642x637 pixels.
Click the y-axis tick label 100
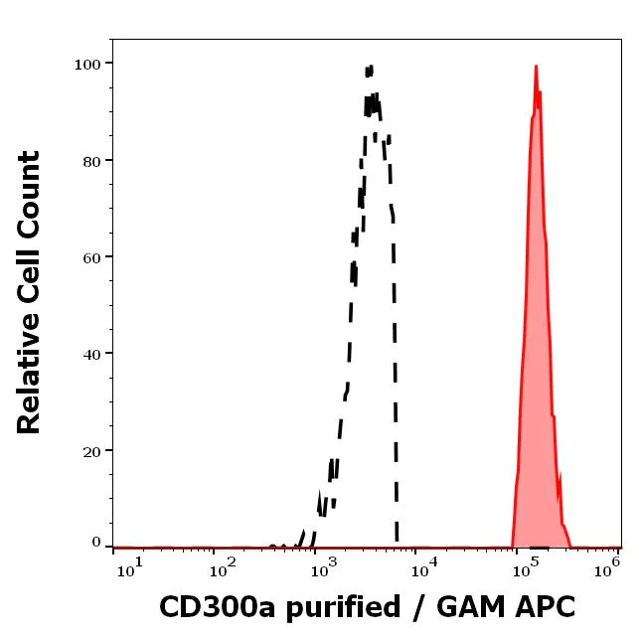pos(87,64)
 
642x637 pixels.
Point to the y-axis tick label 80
pos(91,160)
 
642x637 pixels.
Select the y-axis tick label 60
pos(91,256)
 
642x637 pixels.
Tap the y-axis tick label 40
pos(91,353)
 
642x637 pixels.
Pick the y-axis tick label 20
pos(91,450)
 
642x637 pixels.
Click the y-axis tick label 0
pos(96,543)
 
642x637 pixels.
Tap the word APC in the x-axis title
pos(544,605)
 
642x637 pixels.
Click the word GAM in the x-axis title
pos(464,605)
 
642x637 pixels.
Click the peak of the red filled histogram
pos(536,67)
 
